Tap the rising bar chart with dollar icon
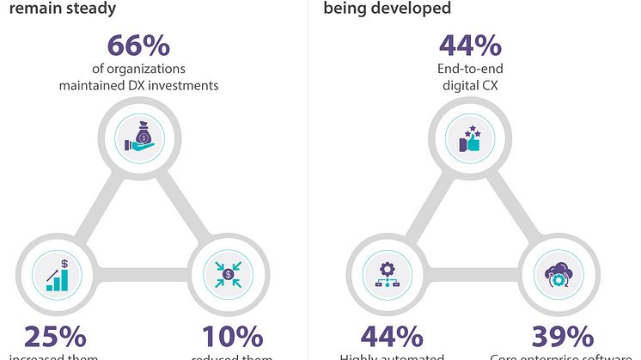pyautogui.click(x=57, y=275)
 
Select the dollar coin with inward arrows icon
pyautogui.click(x=228, y=275)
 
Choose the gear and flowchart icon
pyautogui.click(x=381, y=275)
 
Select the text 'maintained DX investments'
pyautogui.click(x=138, y=85)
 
